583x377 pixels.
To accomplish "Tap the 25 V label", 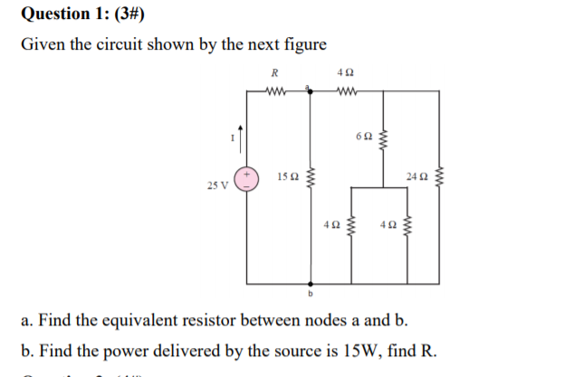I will pos(216,184).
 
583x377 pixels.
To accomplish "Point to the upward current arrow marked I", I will pos(240,137).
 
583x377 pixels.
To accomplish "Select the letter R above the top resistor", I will pos(274,73).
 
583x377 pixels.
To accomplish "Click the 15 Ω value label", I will pos(287,174).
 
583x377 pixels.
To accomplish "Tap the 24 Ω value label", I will pos(419,173).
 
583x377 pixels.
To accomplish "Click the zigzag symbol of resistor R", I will pos(274,90).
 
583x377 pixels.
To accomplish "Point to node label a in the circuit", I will pos(310,86).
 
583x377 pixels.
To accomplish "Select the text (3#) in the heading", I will pos(129,14).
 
